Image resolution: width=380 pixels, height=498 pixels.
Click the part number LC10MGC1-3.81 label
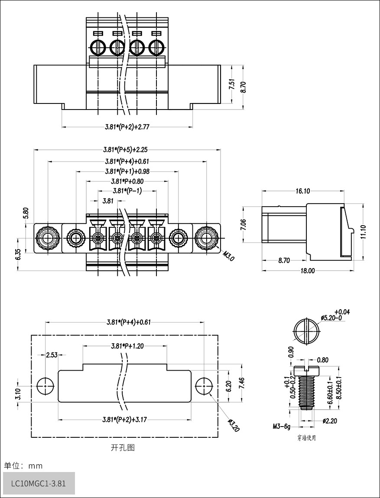tap(39, 483)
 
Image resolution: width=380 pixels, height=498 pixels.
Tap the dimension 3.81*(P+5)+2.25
tap(125, 150)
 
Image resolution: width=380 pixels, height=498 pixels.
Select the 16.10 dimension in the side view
tap(303, 191)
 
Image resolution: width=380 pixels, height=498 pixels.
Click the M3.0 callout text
tap(228, 255)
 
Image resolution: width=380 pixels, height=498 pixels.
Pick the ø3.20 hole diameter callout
tap(233, 425)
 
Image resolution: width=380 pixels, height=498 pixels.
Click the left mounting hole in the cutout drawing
tap(45, 386)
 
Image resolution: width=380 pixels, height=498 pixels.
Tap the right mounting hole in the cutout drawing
tap(203, 386)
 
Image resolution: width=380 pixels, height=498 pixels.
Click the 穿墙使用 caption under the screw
tap(306, 438)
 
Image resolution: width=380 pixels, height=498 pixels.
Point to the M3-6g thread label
tap(281, 427)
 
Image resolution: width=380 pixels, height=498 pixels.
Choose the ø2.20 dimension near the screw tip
tap(330, 420)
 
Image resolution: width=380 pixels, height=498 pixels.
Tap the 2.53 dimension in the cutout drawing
tap(52, 355)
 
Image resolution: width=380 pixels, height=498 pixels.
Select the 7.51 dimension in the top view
tap(232, 84)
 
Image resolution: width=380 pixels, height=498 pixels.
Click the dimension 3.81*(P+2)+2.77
tap(127, 127)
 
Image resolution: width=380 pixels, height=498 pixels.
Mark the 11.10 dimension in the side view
tap(363, 232)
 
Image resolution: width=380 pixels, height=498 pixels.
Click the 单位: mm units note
tap(23, 466)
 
